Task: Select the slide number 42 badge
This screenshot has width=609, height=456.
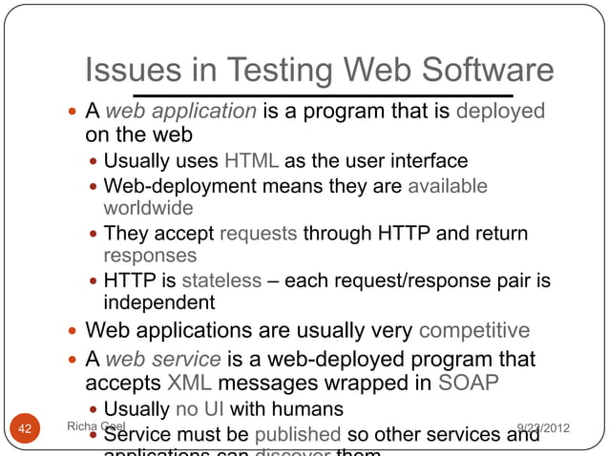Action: [x=27, y=428]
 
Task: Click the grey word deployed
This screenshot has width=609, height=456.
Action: [x=501, y=111]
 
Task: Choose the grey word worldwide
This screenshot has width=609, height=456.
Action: [x=148, y=207]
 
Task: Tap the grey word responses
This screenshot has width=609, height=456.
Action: [x=150, y=256]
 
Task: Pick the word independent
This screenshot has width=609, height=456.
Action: [x=159, y=303]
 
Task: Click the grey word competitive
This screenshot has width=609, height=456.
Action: [x=474, y=331]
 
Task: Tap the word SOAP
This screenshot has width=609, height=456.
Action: [x=469, y=383]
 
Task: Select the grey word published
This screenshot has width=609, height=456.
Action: [x=296, y=435]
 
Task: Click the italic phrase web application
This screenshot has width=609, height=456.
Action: [x=180, y=111]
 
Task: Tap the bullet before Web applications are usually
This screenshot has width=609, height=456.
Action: [x=73, y=332]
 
